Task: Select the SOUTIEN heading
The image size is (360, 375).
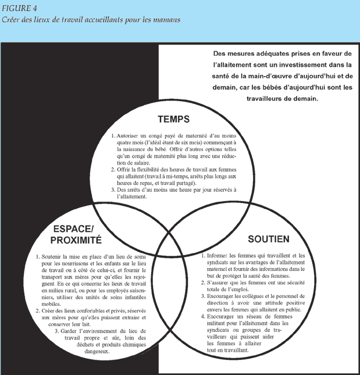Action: point(268,238)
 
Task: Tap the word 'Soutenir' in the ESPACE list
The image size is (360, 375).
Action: point(56,256)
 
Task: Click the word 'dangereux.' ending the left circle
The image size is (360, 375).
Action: point(95,351)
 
